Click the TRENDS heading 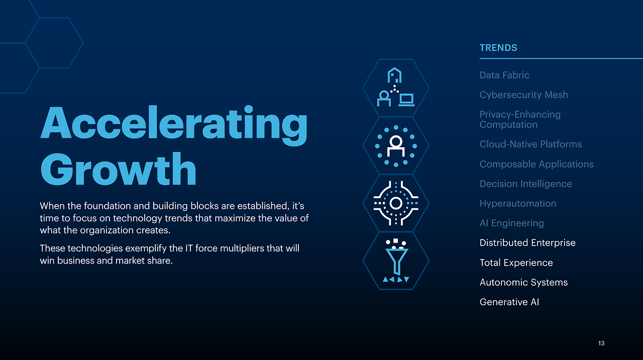coord(498,48)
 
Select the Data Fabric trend coord(504,75)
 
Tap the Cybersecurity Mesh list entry coord(523,95)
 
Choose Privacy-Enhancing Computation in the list coord(520,119)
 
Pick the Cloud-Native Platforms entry coord(530,144)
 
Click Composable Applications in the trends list coord(536,164)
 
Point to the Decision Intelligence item coord(525,184)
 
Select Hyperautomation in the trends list coord(518,204)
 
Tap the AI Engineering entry coord(511,223)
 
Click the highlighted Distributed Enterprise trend coord(527,243)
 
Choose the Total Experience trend coord(516,263)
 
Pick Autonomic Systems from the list coord(523,283)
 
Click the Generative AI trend coord(509,302)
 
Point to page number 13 coord(601,343)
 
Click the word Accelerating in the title coord(174,126)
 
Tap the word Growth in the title coord(118,169)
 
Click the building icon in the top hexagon coord(394,75)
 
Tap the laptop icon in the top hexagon coord(406,100)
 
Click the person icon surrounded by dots coord(396,146)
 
